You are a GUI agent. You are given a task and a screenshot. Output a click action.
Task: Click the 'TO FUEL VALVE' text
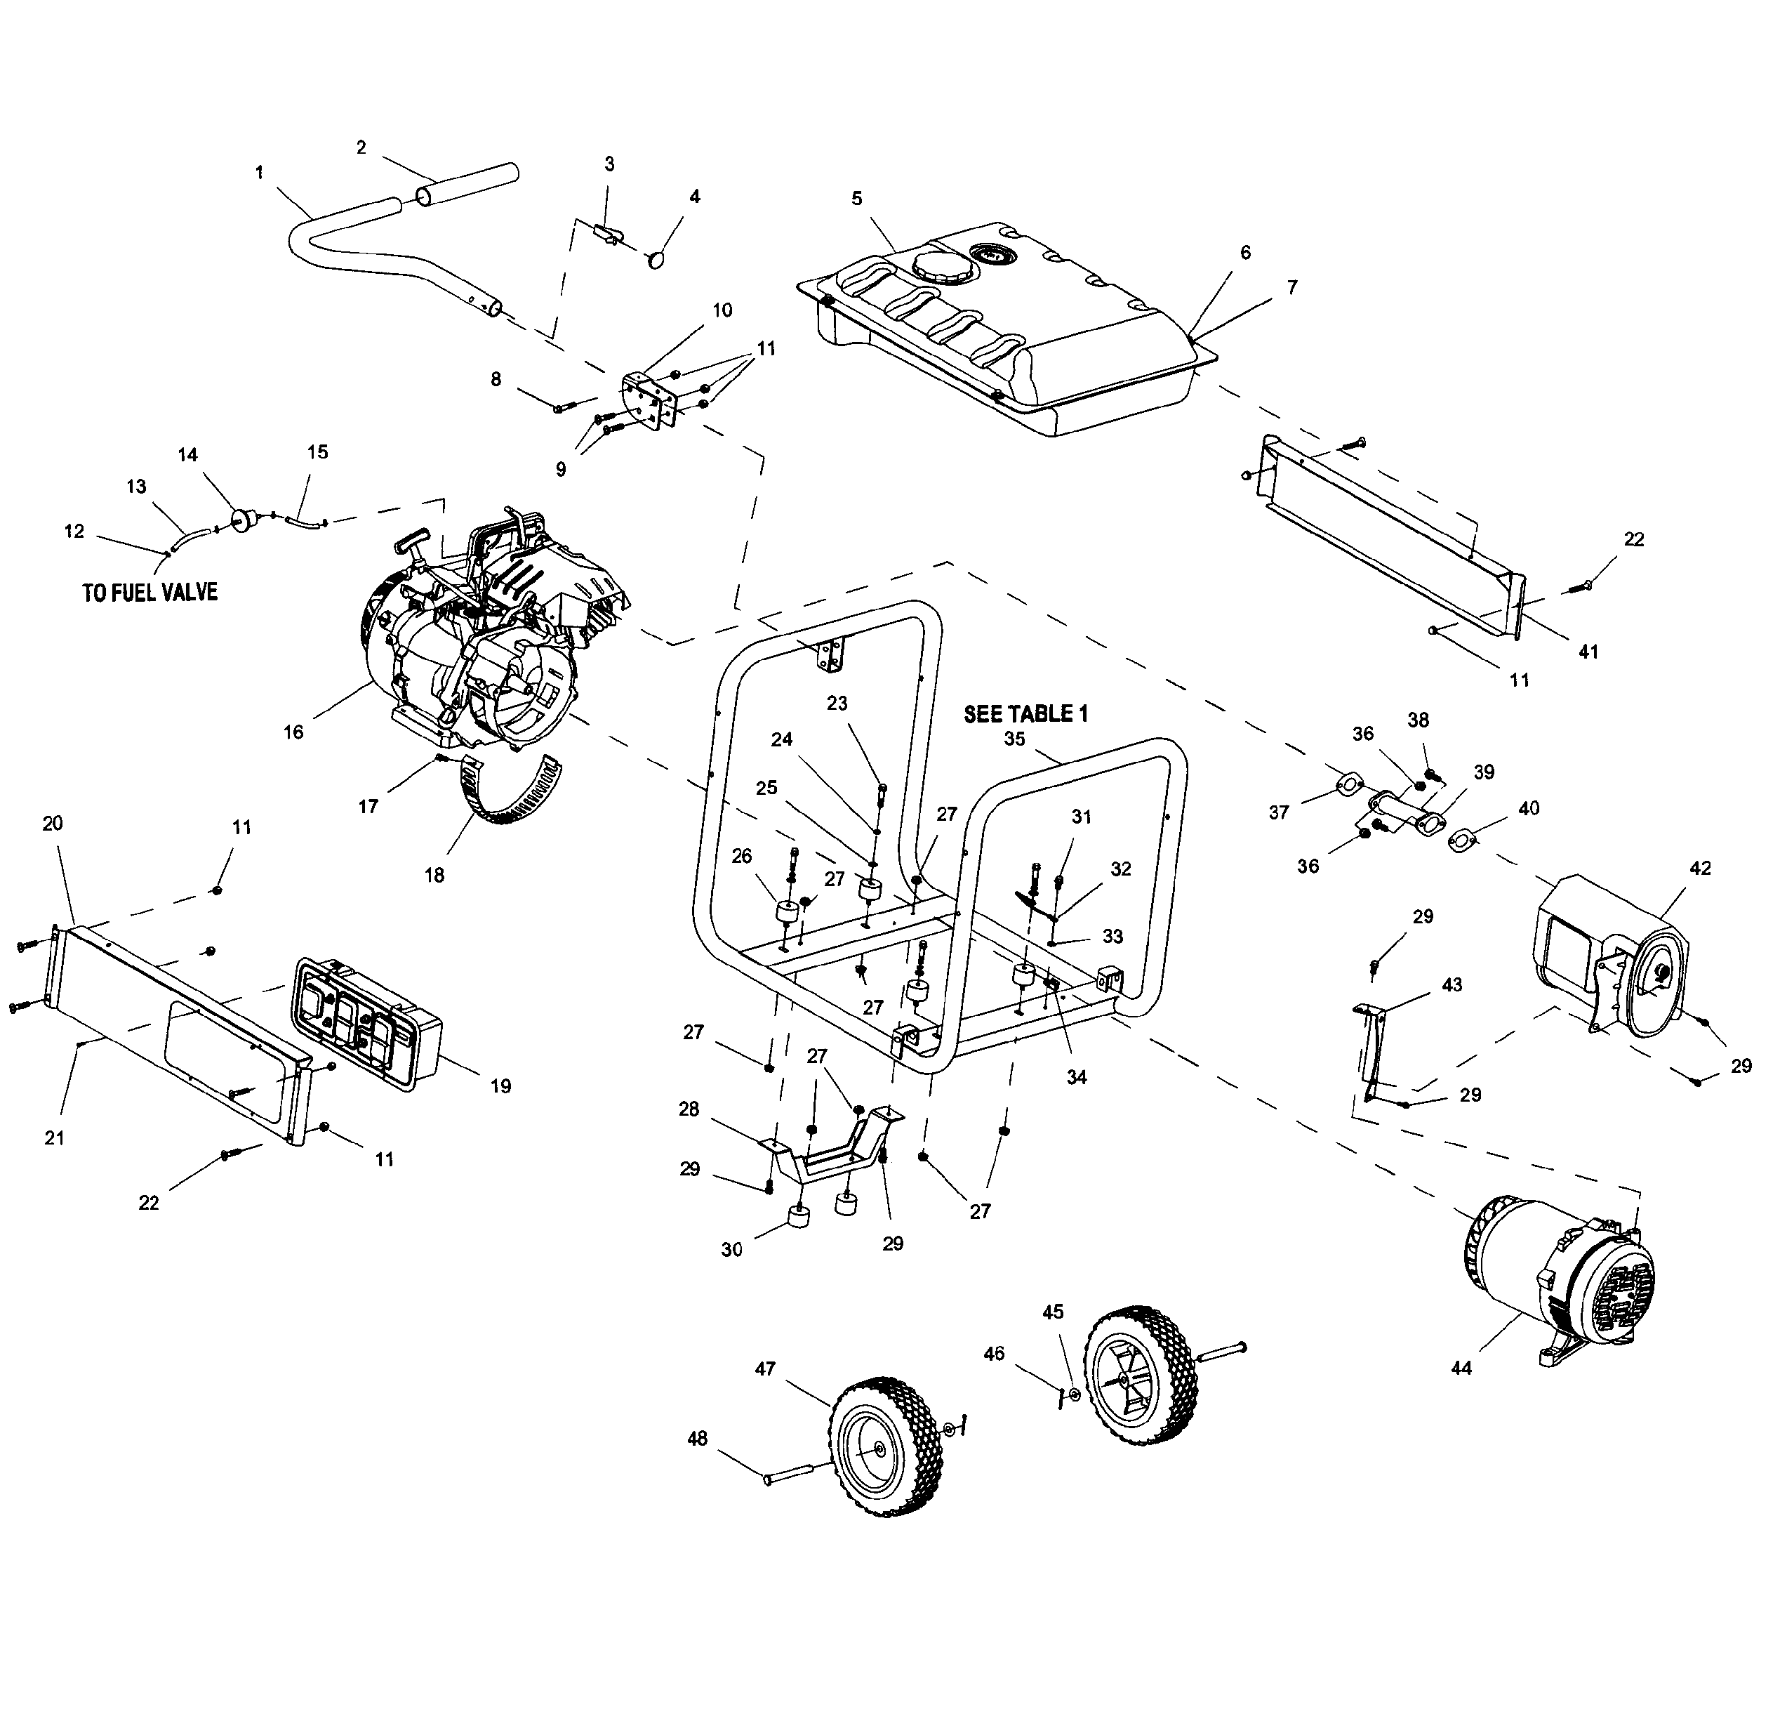click(150, 593)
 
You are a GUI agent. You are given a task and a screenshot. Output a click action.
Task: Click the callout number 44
click(1461, 1368)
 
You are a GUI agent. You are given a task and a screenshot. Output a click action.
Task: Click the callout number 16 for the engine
click(293, 732)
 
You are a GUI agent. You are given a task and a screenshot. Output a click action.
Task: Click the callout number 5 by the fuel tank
click(856, 199)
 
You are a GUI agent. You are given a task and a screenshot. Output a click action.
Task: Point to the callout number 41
click(1588, 653)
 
